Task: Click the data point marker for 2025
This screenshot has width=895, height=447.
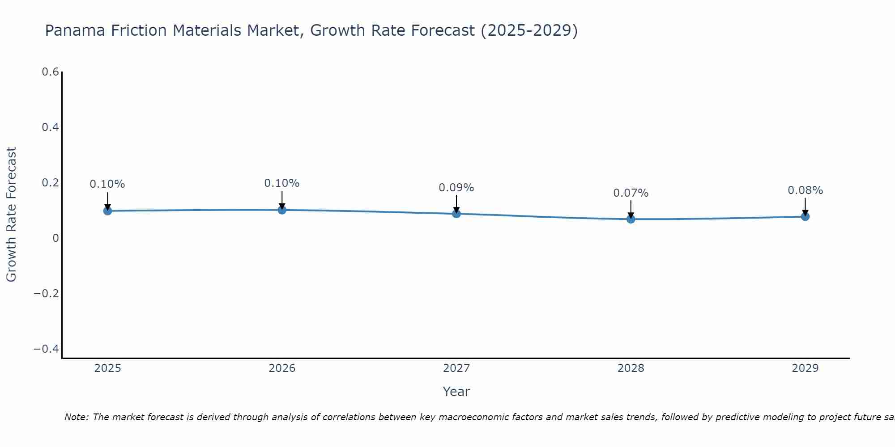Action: tap(107, 211)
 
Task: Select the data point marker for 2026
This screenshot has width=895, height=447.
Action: tap(282, 210)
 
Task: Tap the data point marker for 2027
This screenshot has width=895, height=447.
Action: tap(456, 214)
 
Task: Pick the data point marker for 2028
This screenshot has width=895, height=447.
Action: tap(631, 219)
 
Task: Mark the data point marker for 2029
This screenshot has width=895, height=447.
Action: tap(805, 216)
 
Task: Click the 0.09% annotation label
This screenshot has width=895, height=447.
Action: tap(456, 188)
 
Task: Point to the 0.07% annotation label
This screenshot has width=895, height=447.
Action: tap(631, 193)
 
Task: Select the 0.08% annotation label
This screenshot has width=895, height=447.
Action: tap(805, 190)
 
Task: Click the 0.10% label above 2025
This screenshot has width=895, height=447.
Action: tap(107, 184)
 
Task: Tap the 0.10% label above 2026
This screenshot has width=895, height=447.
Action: tap(281, 183)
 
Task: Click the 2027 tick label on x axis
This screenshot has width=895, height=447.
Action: tap(456, 368)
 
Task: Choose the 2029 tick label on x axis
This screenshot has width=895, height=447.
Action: tap(805, 368)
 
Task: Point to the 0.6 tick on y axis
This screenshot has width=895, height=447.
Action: tap(50, 72)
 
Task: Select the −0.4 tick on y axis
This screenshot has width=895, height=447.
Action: tap(47, 349)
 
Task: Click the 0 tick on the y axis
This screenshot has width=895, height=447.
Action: tap(55, 238)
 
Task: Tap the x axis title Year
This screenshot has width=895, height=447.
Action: tap(456, 392)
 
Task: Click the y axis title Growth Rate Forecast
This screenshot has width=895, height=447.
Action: tap(11, 215)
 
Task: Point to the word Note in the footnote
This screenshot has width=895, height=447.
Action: tap(76, 417)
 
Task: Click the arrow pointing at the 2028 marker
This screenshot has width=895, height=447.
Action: tap(631, 208)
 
